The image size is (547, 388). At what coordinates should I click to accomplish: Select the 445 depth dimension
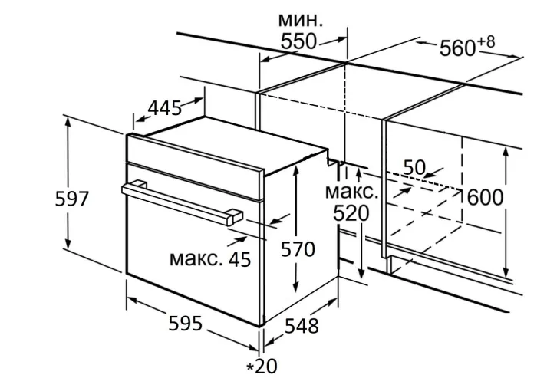[x=164, y=108]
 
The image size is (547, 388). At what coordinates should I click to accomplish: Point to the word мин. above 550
[x=300, y=19]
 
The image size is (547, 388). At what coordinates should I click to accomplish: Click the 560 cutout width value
[x=457, y=48]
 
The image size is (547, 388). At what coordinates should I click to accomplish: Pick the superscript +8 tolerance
[x=486, y=41]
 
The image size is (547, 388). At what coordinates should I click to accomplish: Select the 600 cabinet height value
[x=485, y=198]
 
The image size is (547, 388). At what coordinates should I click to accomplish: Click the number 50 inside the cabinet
[x=414, y=167]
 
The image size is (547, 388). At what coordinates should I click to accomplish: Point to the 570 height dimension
[x=297, y=249]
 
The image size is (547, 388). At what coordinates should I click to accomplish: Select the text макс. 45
[x=210, y=259]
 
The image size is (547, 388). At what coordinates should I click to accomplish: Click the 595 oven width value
[x=185, y=324]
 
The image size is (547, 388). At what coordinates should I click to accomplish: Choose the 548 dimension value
[x=302, y=326]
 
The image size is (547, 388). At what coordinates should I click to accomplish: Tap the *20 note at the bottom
[x=262, y=367]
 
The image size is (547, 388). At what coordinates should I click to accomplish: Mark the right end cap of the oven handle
[x=231, y=216]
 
